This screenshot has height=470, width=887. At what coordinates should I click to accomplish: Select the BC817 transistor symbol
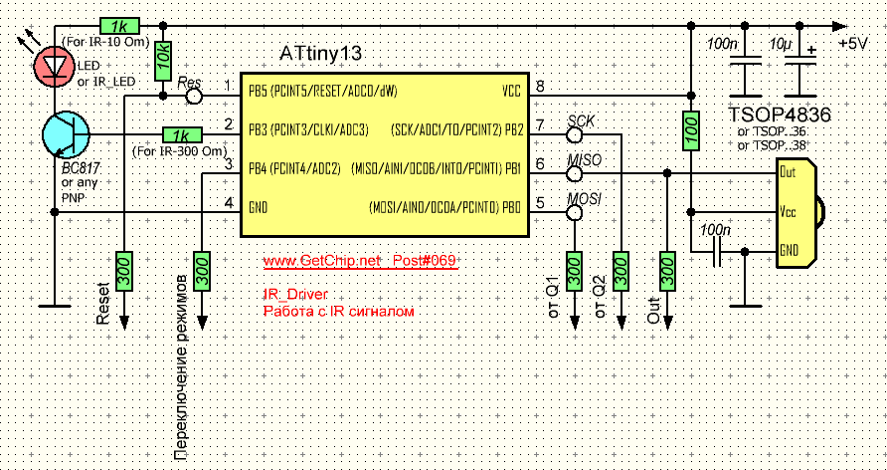pos(66,132)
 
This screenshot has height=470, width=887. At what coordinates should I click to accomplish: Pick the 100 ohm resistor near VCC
pos(689,132)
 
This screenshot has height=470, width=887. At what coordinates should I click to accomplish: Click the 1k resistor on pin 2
pos(181,134)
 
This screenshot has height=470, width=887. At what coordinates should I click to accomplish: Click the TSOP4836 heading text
pos(781,115)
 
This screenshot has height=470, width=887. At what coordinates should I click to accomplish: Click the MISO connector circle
pos(575,174)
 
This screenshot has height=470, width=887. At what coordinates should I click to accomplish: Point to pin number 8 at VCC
pos(539,88)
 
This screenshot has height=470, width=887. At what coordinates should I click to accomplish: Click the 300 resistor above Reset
pos(124,271)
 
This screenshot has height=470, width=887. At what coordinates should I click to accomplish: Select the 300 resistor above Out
pos(668,271)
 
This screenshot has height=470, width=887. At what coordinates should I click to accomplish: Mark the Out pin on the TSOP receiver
pos(789,171)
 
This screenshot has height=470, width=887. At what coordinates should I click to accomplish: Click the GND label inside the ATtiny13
pos(260,207)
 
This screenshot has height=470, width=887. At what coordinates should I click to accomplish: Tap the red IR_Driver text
pos(295,296)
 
